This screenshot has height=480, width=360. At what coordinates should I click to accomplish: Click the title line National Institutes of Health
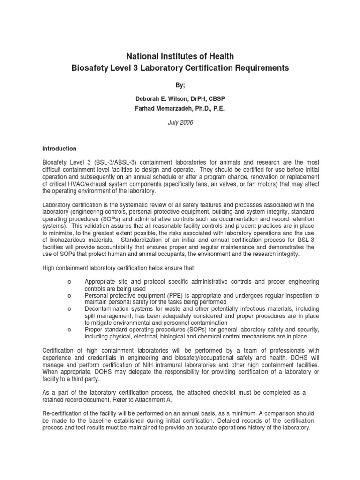pyautogui.click(x=180, y=57)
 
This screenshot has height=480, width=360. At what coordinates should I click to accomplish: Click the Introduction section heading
pyautogui.click(x=60, y=149)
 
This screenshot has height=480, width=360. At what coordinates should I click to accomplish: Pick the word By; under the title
pyautogui.click(x=180, y=86)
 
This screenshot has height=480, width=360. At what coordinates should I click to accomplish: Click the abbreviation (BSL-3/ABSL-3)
pyautogui.click(x=113, y=162)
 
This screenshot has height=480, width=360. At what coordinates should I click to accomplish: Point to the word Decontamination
pyautogui.click(x=109, y=309)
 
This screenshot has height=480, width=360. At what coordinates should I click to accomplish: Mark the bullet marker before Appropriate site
pyautogui.click(x=69, y=282)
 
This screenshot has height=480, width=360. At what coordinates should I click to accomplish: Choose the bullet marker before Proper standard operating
pyautogui.click(x=69, y=330)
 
